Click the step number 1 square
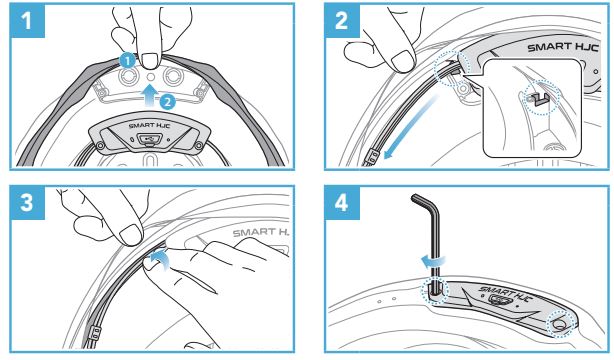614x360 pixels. coord(27,21)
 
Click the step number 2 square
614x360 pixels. coord(342,21)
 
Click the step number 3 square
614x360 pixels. coord(27,203)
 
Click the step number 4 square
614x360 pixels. coord(342,203)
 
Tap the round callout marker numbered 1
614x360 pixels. coord(128,62)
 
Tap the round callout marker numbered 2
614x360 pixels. coord(167,102)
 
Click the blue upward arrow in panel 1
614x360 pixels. coord(151,96)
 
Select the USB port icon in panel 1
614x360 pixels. coord(148,139)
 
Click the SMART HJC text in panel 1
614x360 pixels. coord(149,126)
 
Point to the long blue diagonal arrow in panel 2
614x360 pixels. coord(411,128)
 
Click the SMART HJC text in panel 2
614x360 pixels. coord(563,47)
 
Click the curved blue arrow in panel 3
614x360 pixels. coord(161,260)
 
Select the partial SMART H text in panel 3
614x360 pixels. coord(260,233)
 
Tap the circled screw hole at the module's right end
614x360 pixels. coord(559,324)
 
